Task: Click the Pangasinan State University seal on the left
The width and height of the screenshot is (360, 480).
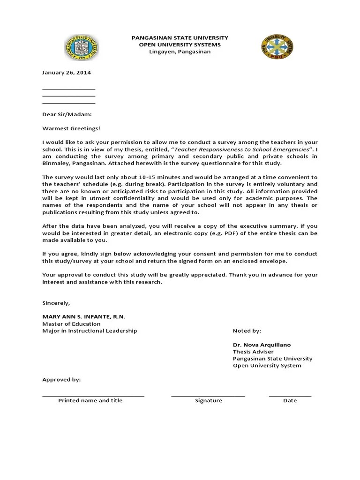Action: [82, 48]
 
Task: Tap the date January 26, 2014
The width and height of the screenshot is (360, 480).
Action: [67, 73]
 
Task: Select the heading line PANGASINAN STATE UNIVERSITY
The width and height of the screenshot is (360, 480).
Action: [180, 37]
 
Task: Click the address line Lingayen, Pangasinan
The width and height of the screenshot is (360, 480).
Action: [180, 52]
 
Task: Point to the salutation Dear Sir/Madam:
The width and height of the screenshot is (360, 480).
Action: [67, 114]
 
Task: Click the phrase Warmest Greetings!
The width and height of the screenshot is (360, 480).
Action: [71, 128]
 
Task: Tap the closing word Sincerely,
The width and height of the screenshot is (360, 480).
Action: [56, 303]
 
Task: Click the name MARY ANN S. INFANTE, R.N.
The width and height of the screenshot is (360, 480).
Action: [84, 317]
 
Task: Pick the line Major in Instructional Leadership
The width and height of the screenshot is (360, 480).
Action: [90, 330]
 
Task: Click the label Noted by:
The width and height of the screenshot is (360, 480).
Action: [247, 331]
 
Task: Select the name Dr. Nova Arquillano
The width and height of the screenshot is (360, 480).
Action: [262, 345]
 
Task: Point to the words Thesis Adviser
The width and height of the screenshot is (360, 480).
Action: [253, 352]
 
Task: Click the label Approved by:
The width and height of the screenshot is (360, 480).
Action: [61, 380]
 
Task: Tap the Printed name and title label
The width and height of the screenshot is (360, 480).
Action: [90, 401]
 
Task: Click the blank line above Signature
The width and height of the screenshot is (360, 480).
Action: [208, 396]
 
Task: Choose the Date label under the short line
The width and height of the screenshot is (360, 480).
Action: [290, 401]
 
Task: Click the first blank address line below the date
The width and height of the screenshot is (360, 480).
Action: [68, 88]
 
